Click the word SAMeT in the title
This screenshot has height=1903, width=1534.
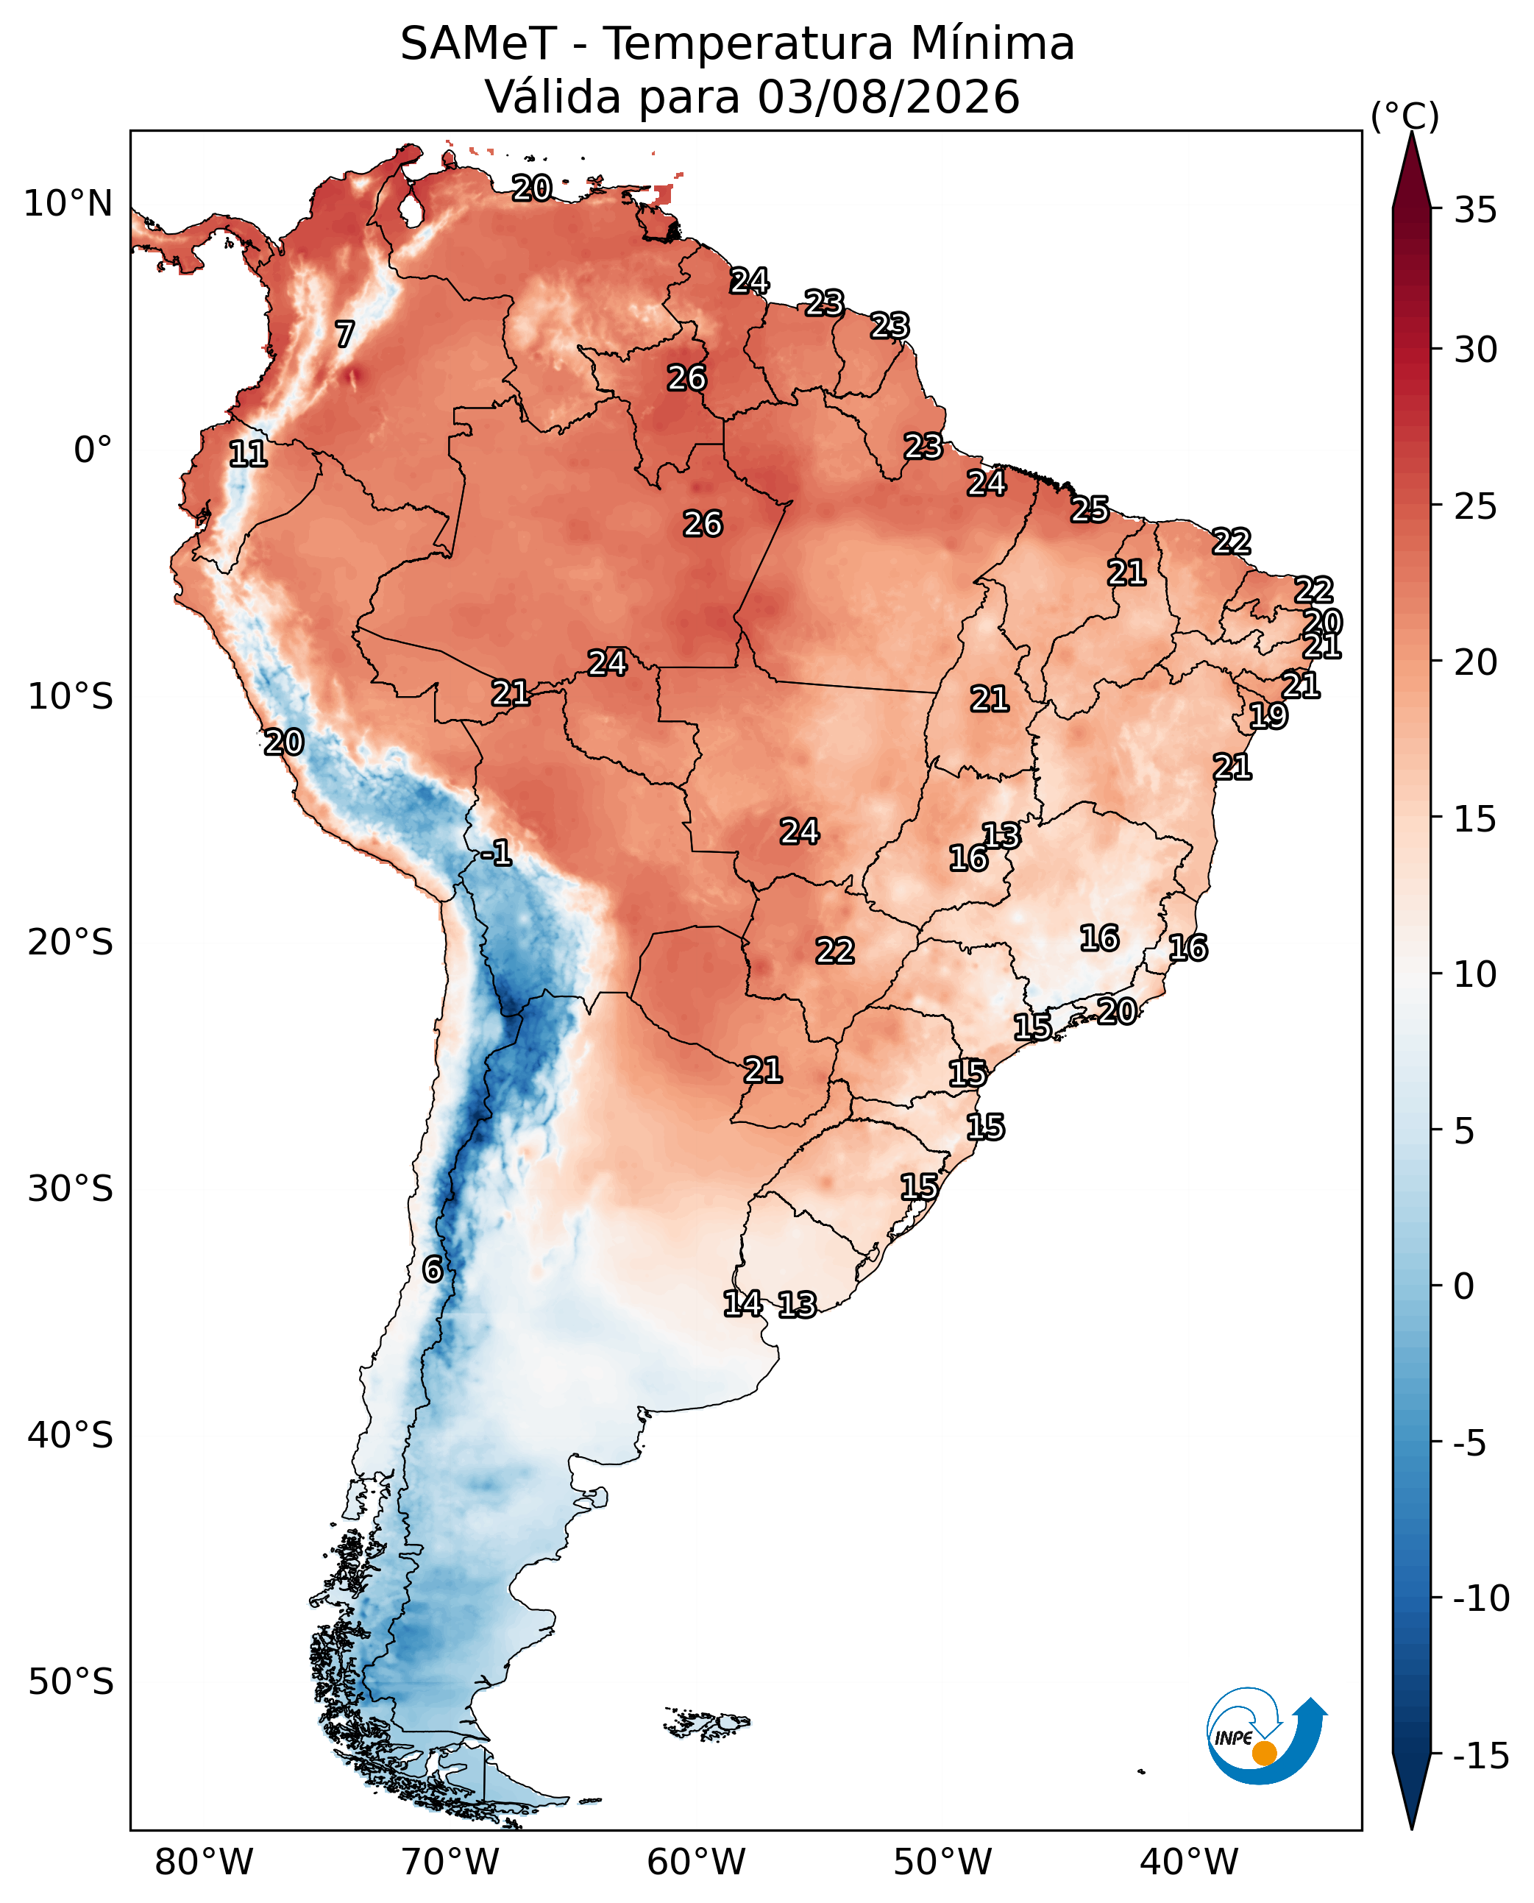(478, 43)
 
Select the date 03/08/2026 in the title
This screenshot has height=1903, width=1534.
(888, 96)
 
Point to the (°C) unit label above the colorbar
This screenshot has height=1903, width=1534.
(1404, 116)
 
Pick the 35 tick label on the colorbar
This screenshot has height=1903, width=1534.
(1476, 210)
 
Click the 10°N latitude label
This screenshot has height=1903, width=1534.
(68, 203)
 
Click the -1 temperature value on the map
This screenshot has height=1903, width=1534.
(497, 853)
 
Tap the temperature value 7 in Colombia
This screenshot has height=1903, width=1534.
(344, 334)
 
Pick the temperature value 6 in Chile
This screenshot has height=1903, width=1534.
(432, 1269)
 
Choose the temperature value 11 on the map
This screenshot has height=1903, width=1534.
(247, 453)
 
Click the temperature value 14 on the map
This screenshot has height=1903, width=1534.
(743, 1303)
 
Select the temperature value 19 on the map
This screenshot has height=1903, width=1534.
(1268, 715)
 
